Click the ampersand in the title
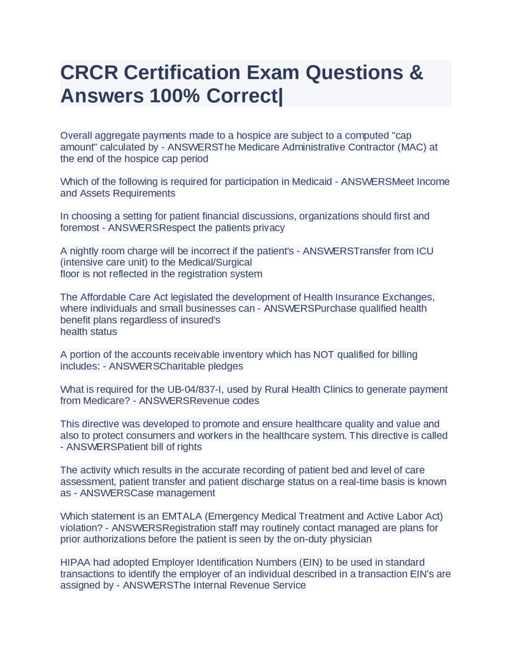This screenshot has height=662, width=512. point(416,72)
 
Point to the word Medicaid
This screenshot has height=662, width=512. point(312,181)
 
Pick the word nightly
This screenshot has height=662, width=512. point(84,251)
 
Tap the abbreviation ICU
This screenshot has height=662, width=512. point(425,251)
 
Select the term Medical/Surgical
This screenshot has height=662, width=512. point(215,262)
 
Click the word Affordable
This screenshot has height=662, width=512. point(103,297)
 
